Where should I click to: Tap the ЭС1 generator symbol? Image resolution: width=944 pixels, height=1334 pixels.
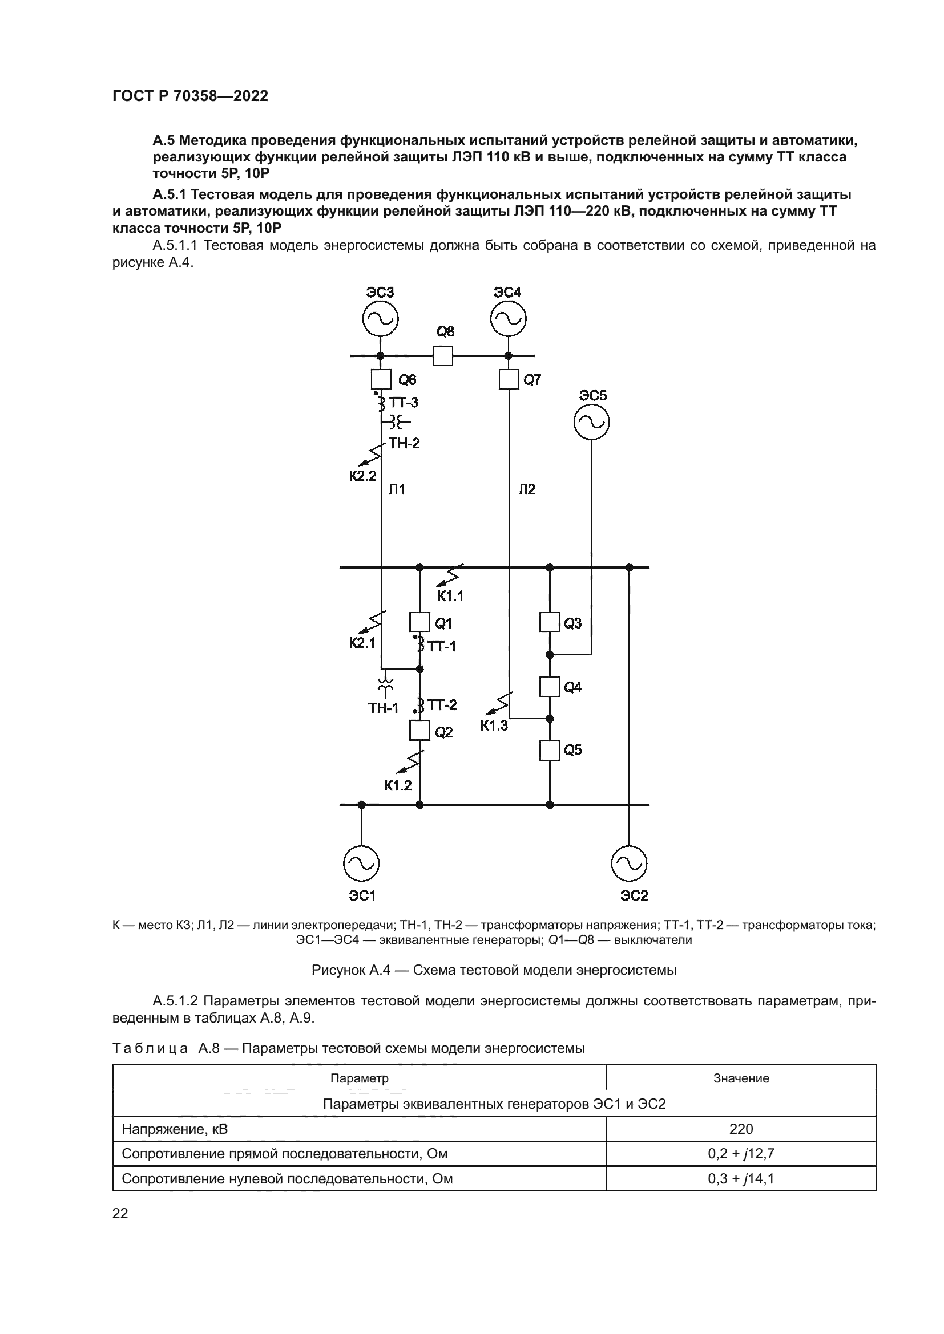coord(361,864)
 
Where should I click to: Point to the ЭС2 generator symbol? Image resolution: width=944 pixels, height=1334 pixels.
coord(629,864)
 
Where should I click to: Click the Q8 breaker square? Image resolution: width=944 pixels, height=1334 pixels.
coord(443,355)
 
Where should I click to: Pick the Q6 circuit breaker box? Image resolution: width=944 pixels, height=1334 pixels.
coord(381,379)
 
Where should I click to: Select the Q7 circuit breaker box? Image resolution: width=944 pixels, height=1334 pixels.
coord(509,380)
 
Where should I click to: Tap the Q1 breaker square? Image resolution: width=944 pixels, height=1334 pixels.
coord(419,622)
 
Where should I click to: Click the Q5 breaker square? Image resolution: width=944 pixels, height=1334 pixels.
coord(550,750)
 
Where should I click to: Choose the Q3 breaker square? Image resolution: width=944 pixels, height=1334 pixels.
coord(550,622)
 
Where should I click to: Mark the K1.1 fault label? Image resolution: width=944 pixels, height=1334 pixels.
coord(450,595)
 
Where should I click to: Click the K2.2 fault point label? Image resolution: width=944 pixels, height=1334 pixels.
coord(363,476)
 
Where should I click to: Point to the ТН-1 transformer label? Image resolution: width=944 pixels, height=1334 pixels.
coord(383,708)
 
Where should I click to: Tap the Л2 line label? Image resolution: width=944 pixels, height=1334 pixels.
coord(527,490)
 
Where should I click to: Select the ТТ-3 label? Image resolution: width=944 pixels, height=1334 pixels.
coord(404,403)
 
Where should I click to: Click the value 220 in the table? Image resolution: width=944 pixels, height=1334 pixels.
coord(741,1129)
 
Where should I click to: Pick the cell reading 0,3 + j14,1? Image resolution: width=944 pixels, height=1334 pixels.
coord(741,1179)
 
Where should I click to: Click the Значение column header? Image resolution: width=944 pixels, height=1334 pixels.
coord(741,1078)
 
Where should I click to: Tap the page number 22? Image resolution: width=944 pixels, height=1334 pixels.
coord(120,1213)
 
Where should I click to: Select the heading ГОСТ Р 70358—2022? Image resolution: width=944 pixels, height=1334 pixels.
coord(190,96)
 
